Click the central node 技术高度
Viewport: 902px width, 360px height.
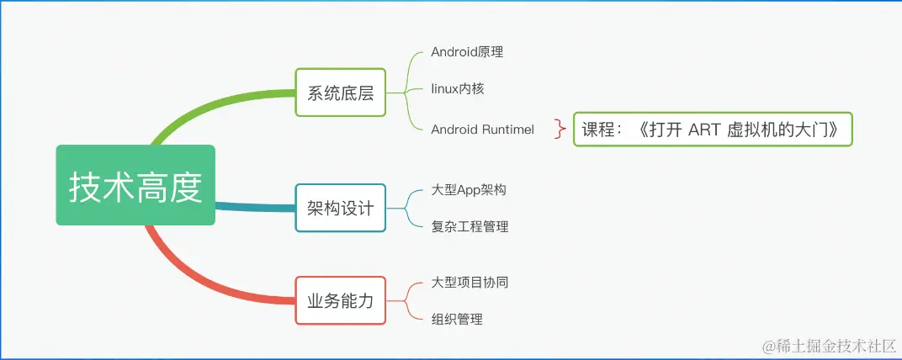click(135, 185)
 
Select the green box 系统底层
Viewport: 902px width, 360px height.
click(340, 93)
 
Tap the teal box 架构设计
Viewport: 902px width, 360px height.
click(340, 208)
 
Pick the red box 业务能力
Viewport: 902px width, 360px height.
click(340, 300)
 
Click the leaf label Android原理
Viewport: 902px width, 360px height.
click(467, 52)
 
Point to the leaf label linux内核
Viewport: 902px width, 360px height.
click(458, 88)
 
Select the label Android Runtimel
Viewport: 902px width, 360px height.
click(482, 129)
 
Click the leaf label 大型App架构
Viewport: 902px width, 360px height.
click(469, 190)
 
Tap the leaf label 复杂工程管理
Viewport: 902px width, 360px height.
click(470, 226)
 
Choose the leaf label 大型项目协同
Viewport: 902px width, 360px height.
click(470, 283)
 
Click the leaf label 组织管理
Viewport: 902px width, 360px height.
click(457, 319)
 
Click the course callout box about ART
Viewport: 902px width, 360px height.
click(713, 130)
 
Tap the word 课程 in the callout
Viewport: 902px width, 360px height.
click(599, 130)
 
